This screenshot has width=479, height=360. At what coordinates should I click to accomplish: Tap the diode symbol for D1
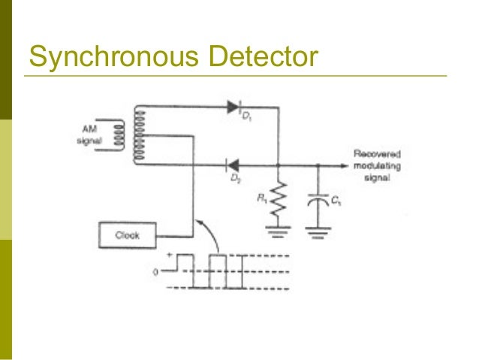[232, 107]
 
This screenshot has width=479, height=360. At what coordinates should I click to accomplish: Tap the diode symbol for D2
[233, 163]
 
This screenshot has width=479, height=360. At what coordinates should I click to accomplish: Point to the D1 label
[246, 119]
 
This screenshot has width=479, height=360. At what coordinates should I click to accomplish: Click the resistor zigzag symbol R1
[279, 198]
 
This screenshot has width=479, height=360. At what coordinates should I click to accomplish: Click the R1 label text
[262, 199]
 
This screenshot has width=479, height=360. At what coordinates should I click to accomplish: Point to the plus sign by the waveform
[168, 256]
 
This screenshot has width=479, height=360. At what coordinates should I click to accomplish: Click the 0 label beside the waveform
[157, 272]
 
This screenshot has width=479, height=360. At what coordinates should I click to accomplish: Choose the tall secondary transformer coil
[137, 135]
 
